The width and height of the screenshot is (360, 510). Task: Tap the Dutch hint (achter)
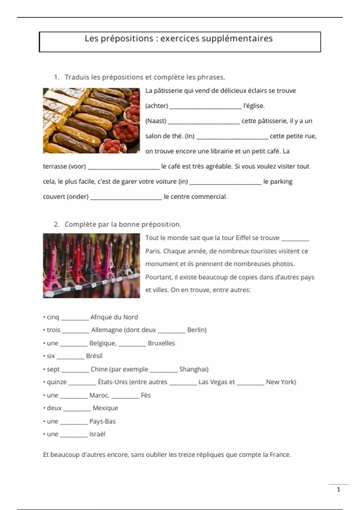[157, 106]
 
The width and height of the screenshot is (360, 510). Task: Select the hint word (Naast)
[156, 121]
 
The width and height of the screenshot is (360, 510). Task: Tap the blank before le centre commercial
[126, 198]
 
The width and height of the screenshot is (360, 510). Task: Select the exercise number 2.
[56, 224]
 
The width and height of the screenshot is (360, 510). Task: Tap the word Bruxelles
[161, 343]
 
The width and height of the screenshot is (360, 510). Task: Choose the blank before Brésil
[70, 357]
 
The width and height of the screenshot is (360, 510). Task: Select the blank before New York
[250, 383]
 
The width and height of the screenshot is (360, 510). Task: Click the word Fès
[146, 395]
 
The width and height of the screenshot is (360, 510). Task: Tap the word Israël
[97, 434]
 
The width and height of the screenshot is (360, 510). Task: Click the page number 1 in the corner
[339, 490]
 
